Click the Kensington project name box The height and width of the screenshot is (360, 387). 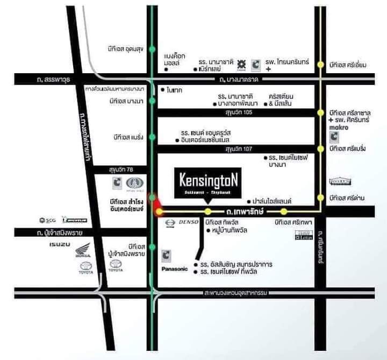pos(208,182)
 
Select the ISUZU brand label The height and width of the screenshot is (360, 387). pos(59,245)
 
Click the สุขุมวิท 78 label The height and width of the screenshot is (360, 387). pos(124,170)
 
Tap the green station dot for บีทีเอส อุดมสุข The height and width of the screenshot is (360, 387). pos(153,50)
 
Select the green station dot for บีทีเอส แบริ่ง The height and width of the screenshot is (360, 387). pos(153,137)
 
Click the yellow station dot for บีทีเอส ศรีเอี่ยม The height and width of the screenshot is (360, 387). pos(321,65)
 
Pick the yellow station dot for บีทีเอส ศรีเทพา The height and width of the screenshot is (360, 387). pos(284,211)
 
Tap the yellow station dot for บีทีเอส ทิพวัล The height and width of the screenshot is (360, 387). pos(208,211)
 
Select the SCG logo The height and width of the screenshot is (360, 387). pos(47,220)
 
